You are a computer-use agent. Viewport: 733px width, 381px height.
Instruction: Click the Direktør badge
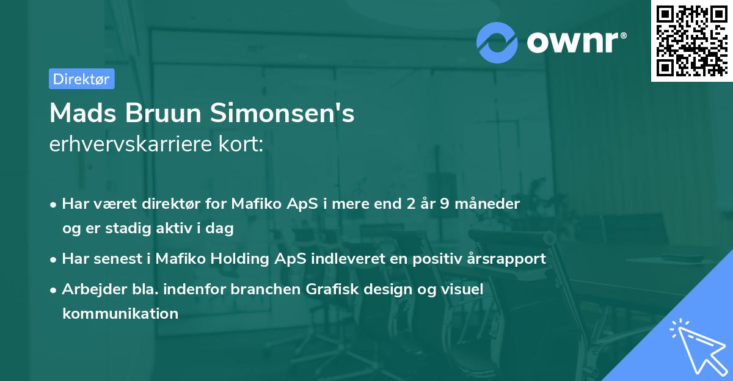[81, 79]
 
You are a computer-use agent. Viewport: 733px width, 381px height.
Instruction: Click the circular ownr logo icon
[497, 42]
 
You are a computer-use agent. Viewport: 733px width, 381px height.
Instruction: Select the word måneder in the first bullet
[491, 204]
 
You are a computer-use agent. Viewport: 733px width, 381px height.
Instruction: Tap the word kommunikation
[120, 314]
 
